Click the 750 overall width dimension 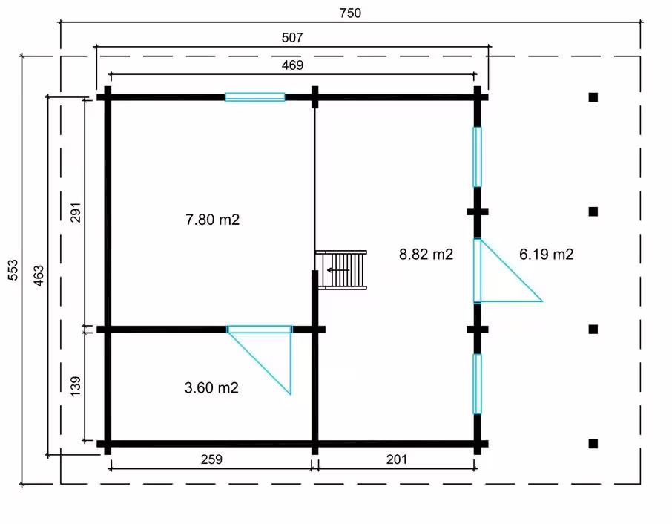350,13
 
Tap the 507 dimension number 292,38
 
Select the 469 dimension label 292,65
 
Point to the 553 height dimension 13,269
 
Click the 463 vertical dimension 39,275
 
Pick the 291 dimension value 76,212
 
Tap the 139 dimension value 75,387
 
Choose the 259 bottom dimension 211,459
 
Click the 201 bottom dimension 396,459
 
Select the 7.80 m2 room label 213,220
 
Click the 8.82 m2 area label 426,255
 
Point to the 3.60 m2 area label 211,387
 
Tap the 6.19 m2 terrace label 547,255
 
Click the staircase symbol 341,270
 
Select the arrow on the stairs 338,270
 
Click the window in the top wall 255,97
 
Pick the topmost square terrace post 593,97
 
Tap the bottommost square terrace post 593,444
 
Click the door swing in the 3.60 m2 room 260,360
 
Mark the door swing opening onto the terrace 508,271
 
